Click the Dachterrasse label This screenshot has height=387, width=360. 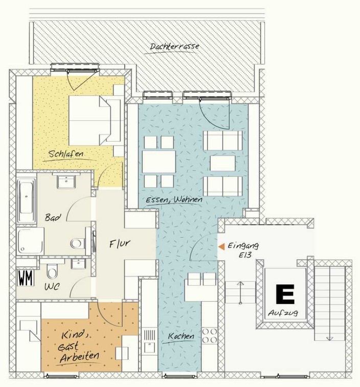(174, 47)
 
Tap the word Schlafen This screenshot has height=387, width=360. (66, 154)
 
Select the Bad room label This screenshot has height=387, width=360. (53, 218)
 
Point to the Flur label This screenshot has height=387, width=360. (120, 244)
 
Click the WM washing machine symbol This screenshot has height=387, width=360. (26, 278)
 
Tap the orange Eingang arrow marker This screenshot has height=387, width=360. (221, 246)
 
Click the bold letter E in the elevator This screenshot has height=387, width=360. (285, 294)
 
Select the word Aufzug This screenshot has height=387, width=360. (283, 313)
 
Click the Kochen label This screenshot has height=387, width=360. (181, 336)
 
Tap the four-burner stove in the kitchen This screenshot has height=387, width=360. (210, 336)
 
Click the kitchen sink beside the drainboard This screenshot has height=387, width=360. (149, 347)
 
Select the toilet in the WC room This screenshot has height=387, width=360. (52, 271)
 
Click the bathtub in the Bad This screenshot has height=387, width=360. (26, 198)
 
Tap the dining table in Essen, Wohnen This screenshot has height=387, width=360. (159, 162)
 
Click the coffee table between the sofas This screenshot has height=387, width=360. (223, 163)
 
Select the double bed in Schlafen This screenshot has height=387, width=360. (94, 121)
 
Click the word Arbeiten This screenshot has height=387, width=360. (79, 357)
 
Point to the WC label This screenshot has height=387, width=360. (52, 287)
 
